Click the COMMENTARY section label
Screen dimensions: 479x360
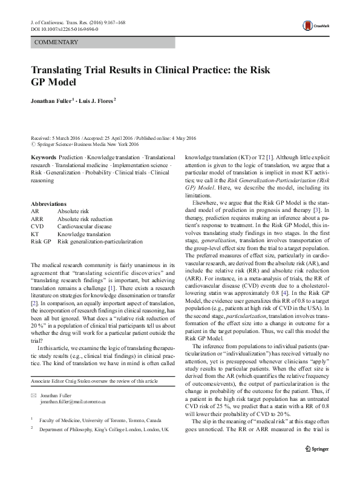pos(57,42)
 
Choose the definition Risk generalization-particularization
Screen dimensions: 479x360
pos(100,241)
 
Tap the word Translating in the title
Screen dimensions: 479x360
pos(60,70)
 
